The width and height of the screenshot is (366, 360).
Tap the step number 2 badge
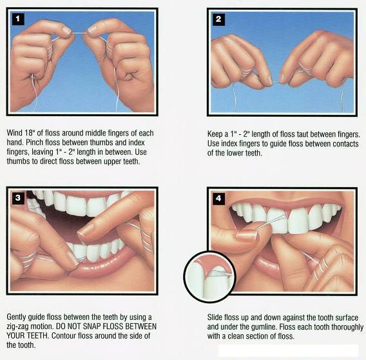[x=218, y=19]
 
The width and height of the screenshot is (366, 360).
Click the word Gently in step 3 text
[x=18, y=317]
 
